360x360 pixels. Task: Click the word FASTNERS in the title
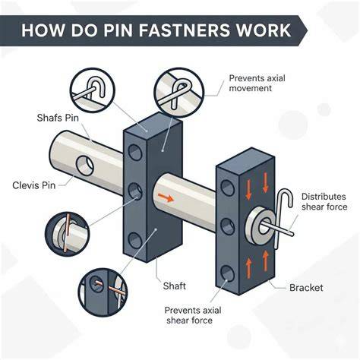coord(185,30)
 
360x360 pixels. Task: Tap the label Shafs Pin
coord(58,118)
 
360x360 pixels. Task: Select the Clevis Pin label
coord(33,185)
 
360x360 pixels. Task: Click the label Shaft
coord(175,286)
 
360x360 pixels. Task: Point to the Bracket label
coord(306,288)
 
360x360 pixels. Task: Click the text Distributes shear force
coord(324,202)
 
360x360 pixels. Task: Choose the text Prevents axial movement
coord(257,83)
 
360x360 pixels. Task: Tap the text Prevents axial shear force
coord(193,315)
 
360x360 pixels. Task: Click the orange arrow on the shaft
coord(166,197)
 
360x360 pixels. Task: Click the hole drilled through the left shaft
coord(85,166)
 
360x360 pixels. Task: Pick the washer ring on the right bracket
coord(261,225)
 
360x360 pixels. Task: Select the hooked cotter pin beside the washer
coord(283,219)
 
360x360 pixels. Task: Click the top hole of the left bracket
coord(135,152)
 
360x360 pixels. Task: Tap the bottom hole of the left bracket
coord(135,240)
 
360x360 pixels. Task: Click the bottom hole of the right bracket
coord(227,273)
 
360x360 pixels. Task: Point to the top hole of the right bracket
coord(227,188)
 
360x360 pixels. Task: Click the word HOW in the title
coord(43,30)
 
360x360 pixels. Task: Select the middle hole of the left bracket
coord(135,191)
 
